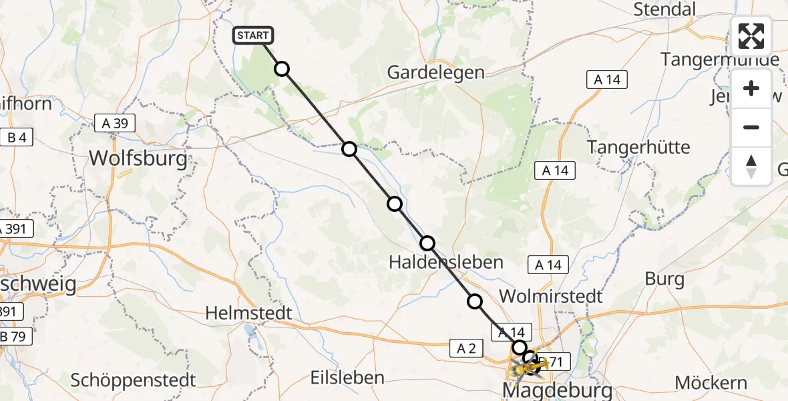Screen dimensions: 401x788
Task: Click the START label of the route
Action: tap(253, 35)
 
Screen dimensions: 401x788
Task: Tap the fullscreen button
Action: tap(751, 36)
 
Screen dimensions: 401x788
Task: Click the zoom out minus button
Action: tap(751, 127)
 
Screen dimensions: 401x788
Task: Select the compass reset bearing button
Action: tap(751, 166)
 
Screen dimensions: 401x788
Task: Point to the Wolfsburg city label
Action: tap(138, 159)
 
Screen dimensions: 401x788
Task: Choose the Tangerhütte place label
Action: tap(638, 146)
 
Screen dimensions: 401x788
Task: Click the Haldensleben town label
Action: tap(446, 262)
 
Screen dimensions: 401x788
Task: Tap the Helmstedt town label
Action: tap(249, 313)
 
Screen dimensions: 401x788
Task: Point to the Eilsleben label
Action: tap(347, 377)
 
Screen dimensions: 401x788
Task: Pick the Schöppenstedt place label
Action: tap(134, 380)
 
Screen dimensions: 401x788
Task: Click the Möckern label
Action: tap(711, 383)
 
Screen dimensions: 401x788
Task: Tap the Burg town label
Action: tap(664, 279)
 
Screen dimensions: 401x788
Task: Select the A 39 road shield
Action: tap(115, 123)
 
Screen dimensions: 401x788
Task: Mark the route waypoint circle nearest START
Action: tap(282, 69)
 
